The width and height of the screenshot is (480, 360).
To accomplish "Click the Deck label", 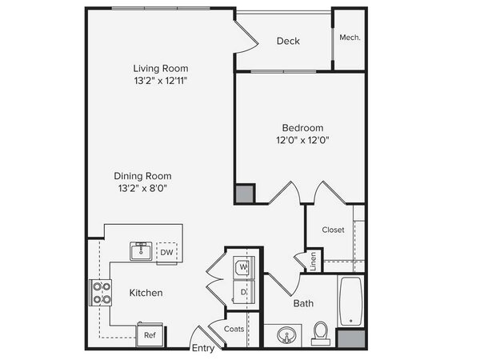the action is coord(288,41).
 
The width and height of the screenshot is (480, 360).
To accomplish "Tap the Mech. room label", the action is coord(350,38).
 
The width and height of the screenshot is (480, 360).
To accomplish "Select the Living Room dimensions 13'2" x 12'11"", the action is coord(161,81).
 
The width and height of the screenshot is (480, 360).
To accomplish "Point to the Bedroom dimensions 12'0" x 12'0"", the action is coord(302,140).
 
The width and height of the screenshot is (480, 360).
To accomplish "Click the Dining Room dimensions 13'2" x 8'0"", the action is coord(142,188).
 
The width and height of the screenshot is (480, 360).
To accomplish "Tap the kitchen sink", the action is coord(141,251).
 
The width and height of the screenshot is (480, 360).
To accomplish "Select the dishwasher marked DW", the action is coord(166,252).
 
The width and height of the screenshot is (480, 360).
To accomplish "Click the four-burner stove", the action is coord(101,292).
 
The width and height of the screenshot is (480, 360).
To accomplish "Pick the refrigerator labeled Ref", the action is coord(150,334).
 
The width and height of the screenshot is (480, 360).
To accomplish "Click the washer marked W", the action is coord(244,267).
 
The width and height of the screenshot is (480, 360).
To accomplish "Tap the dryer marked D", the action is coord(244,292).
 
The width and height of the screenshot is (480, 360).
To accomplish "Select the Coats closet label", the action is coord(234,329).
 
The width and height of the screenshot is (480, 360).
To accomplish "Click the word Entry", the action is coord(203,348).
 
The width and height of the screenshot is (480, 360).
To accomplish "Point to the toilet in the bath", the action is coord(321,334).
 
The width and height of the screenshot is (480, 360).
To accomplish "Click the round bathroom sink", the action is coord(286,335).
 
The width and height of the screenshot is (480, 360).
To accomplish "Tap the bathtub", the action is coord(351,302).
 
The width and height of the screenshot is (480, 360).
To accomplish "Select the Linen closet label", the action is coord(313,262).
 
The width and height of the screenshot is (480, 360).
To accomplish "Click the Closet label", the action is coord(333,230).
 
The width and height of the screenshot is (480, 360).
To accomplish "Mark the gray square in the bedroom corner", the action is coord(245,194).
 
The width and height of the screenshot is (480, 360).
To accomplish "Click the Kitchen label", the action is coord(146,293).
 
